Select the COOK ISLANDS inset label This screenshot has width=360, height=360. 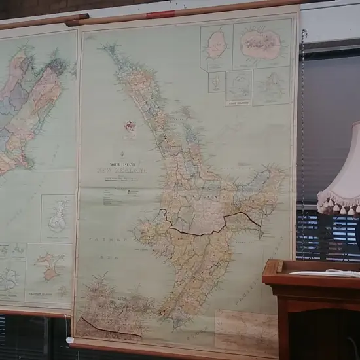(x=239, y=101)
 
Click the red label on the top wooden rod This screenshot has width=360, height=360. (x=160, y=14)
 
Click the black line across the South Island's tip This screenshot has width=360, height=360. (x=108, y=328)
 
